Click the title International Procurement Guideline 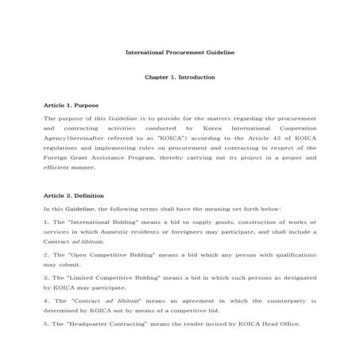(x=180, y=52)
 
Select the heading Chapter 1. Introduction (x=180, y=78)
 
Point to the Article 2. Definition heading (x=75, y=195)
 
